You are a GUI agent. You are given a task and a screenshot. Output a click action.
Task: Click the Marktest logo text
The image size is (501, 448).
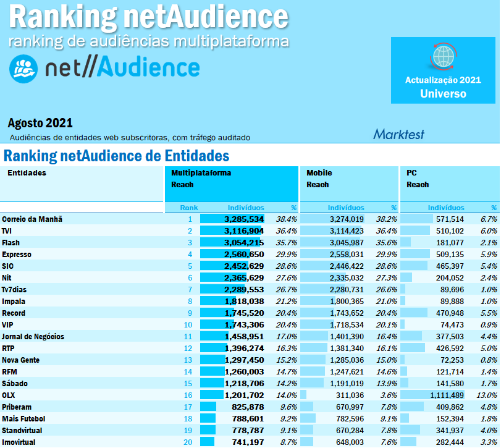[x=398, y=133]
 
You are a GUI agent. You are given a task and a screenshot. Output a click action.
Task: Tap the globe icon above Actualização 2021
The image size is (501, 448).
[x=443, y=57]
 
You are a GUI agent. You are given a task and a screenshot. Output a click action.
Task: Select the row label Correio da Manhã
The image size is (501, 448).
[x=32, y=219]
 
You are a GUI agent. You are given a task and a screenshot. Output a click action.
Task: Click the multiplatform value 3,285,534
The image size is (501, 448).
[x=244, y=219]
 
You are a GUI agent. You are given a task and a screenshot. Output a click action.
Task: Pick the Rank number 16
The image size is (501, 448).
[x=188, y=395]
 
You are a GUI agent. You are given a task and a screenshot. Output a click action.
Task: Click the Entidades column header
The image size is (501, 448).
[x=27, y=173]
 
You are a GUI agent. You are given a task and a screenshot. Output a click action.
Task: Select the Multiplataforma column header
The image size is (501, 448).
[x=201, y=173]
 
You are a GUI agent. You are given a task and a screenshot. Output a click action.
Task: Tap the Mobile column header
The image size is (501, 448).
[x=319, y=173]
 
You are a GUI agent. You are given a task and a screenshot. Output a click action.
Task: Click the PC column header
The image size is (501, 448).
[x=411, y=173]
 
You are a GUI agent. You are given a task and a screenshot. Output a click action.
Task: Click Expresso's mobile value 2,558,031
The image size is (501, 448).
[x=343, y=254]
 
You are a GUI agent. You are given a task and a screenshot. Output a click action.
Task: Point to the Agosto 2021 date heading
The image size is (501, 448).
[x=40, y=123]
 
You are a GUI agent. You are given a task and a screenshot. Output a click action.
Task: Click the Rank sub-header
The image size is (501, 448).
[x=189, y=208]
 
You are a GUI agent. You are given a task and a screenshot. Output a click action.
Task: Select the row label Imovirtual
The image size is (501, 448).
[x=19, y=442]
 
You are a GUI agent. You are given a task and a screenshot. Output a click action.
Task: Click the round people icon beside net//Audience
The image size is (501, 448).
[x=23, y=69]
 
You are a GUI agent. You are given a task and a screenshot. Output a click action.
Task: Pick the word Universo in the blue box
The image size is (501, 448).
[x=443, y=94]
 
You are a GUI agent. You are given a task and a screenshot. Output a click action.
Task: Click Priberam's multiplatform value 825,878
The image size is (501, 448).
[x=246, y=407]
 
